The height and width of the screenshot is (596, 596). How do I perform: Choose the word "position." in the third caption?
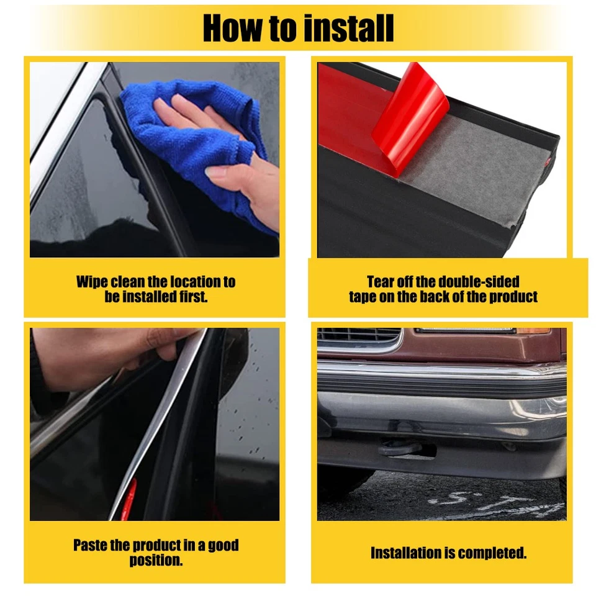156,561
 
